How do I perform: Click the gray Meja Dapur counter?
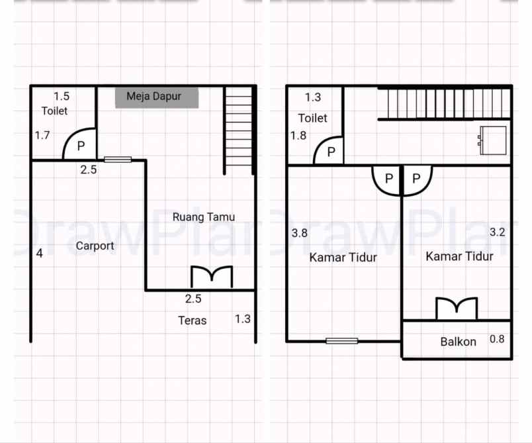[x=157, y=97]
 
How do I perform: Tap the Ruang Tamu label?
[x=203, y=217]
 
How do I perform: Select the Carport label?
[x=95, y=246]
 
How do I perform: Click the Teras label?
[x=192, y=320]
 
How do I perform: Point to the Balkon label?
[x=458, y=342]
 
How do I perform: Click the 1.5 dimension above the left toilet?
[x=62, y=97]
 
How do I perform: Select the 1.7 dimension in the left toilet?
[x=42, y=136]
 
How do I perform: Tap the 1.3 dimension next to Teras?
[x=243, y=319]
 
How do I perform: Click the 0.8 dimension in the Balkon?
[x=497, y=339]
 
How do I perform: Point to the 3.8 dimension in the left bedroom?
[x=299, y=233]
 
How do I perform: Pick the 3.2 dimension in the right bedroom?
[x=497, y=232]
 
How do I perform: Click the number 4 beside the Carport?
[x=39, y=253]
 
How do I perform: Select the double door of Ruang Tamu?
[x=212, y=277]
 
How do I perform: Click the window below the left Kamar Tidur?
[x=341, y=341]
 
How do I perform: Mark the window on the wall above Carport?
[x=118, y=159]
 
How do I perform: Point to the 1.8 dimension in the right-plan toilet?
[x=298, y=136]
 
